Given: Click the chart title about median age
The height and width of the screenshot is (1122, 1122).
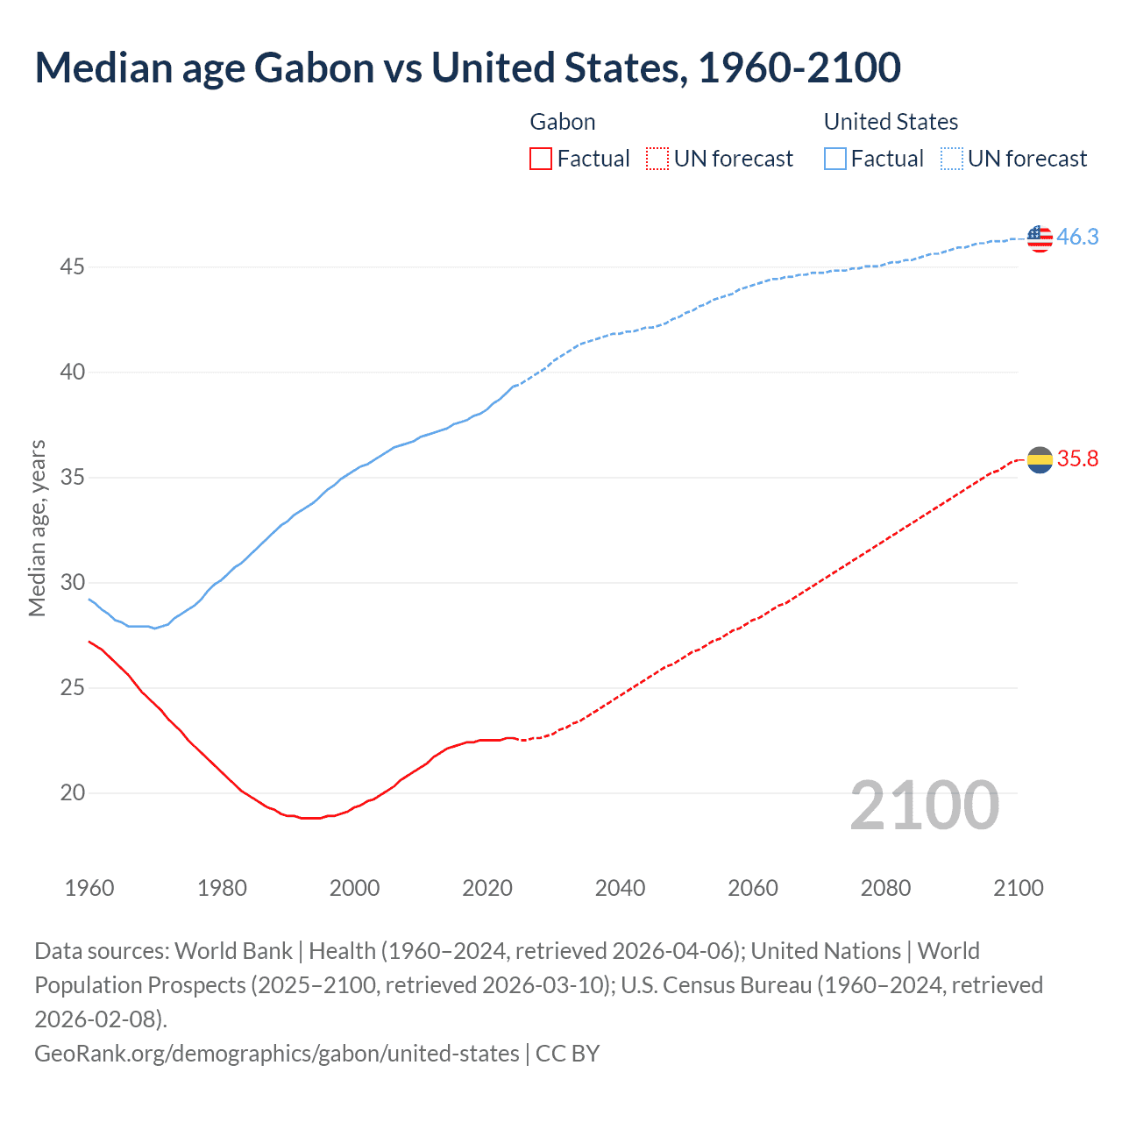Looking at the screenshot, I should click(467, 68).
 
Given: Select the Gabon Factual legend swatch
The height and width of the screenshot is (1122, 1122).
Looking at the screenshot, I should click(541, 159).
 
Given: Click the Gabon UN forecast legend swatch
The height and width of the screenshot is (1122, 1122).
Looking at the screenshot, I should click(657, 159).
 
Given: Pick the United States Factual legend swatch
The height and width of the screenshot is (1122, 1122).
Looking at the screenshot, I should click(835, 159).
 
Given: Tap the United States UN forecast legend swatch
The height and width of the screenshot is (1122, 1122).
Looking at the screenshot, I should click(952, 159).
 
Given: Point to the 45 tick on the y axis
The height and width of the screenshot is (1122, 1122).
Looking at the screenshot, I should click(72, 266).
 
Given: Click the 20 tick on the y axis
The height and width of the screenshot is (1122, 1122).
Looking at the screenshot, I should click(72, 793).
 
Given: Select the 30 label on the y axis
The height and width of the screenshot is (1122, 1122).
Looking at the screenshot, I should click(72, 583).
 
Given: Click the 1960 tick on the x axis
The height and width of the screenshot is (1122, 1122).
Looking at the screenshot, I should click(89, 888).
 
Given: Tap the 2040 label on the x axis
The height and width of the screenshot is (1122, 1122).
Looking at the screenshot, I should click(620, 888).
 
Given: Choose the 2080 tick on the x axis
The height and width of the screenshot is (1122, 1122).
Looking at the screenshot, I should click(885, 888).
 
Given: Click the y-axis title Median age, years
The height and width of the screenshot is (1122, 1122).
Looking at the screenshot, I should click(37, 529).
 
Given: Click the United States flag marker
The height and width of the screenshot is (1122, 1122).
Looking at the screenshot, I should click(1040, 238).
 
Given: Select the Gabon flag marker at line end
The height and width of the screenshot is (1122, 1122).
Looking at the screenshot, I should click(1040, 459).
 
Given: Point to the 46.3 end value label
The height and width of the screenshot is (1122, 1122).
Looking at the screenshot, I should click(1077, 238).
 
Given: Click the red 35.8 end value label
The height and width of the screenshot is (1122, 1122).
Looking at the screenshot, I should click(1077, 459).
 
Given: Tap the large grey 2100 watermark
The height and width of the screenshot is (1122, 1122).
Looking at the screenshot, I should click(924, 806).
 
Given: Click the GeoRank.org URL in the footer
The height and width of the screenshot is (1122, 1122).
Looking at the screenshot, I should click(276, 1053).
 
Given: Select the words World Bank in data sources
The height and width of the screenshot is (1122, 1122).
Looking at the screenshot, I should click(233, 951).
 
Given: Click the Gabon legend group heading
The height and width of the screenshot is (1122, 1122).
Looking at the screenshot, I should click(563, 122).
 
